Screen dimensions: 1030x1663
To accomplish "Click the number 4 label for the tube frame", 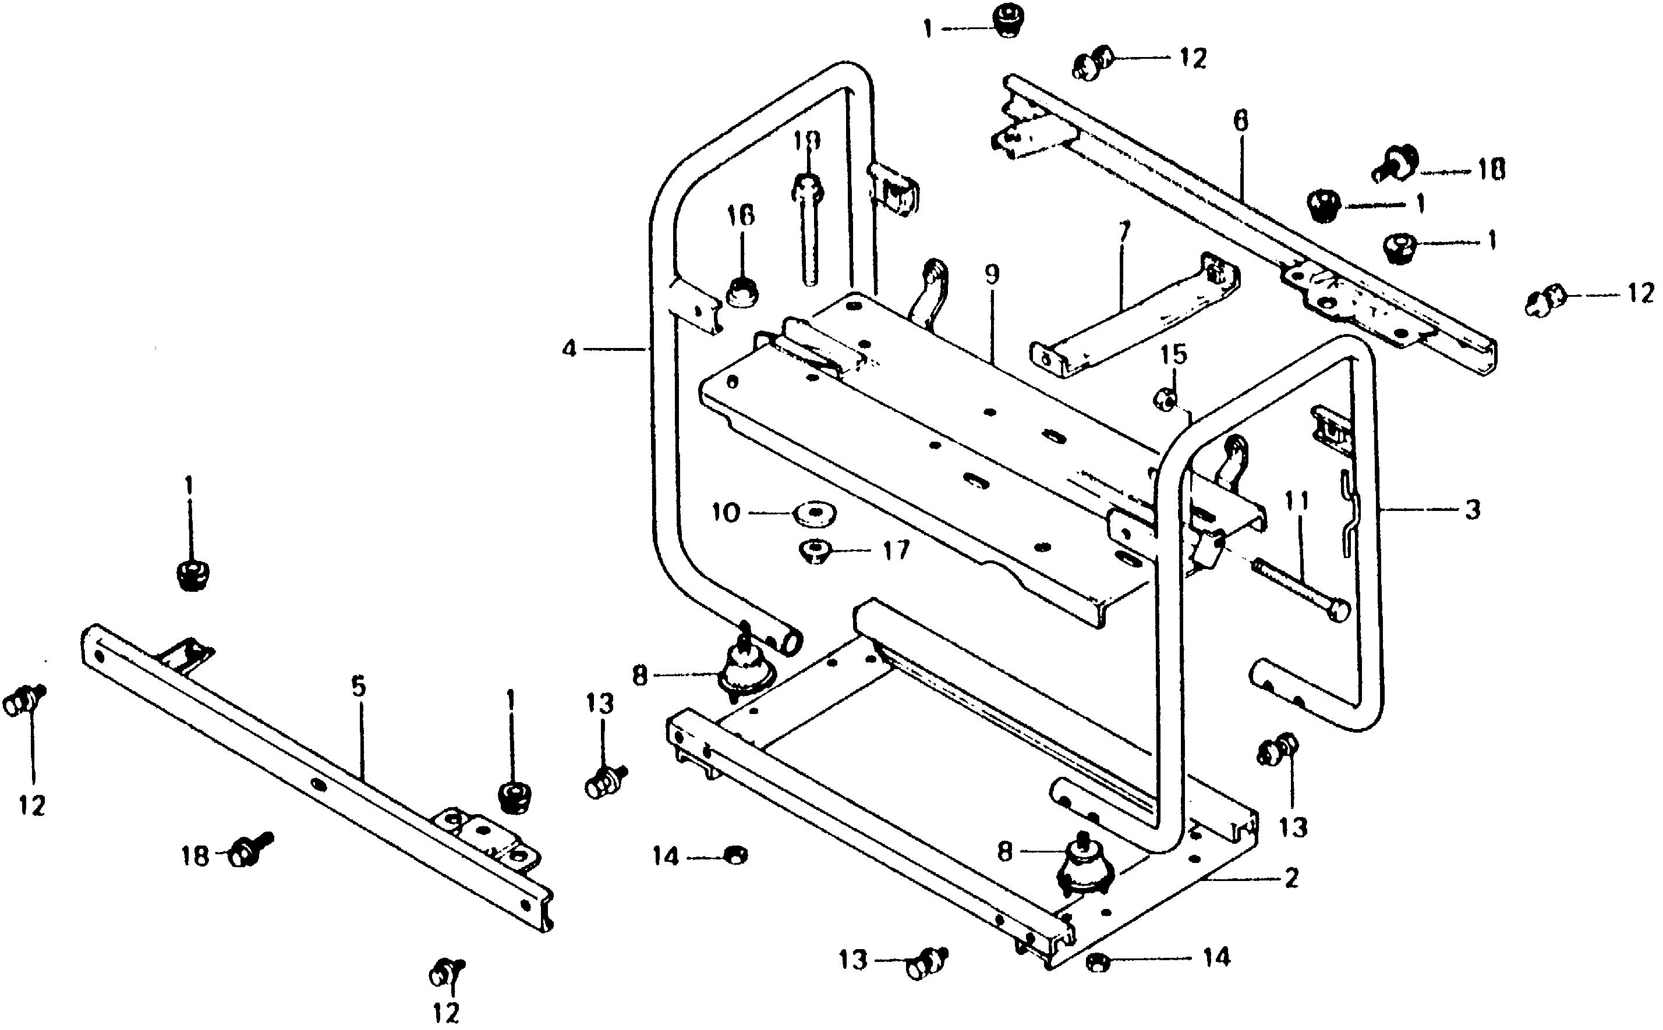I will pos(569,350).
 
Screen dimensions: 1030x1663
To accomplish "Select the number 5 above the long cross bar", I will pos(359,686).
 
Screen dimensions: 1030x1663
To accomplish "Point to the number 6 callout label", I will pos(1240,121).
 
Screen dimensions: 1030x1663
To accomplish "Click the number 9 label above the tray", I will pos(992,275).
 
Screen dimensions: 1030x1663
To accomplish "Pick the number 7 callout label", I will pos(1124,232).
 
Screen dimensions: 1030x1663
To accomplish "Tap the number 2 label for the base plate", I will pos(1291,878).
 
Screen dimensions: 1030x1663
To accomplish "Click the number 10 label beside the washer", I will pos(726,512).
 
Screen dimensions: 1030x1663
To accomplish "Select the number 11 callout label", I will pos(1296,503).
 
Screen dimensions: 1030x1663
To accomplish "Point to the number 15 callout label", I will pos(1174,355).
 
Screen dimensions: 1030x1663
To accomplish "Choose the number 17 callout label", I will pos(896,550).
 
